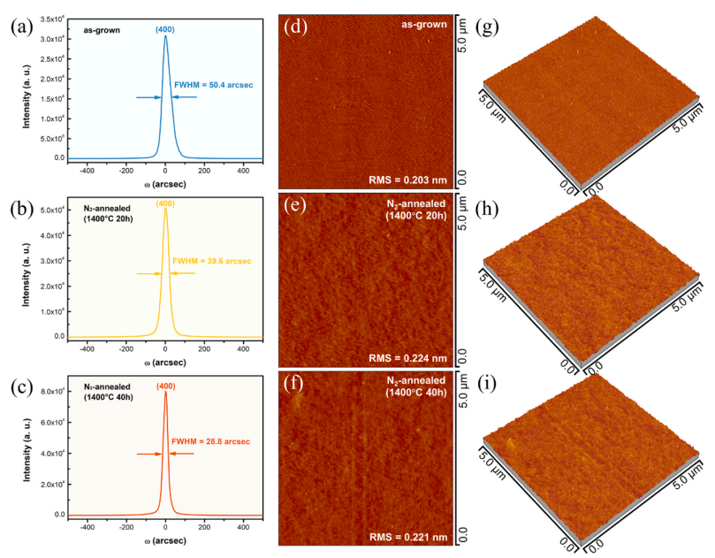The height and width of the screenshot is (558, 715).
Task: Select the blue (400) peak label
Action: pyautogui.click(x=165, y=29)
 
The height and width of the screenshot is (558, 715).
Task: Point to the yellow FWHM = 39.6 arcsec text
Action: pyautogui.click(x=212, y=261)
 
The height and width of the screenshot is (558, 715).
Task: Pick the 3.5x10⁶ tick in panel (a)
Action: pyautogui.click(x=52, y=19)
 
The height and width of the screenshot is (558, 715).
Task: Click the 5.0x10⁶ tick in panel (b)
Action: pyautogui.click(x=52, y=210)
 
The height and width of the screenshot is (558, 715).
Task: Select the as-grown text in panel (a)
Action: pyautogui.click(x=102, y=30)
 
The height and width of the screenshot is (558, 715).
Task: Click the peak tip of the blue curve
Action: pyautogui.click(x=165, y=36)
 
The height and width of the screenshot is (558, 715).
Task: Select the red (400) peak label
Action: pyautogui.click(x=165, y=385)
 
